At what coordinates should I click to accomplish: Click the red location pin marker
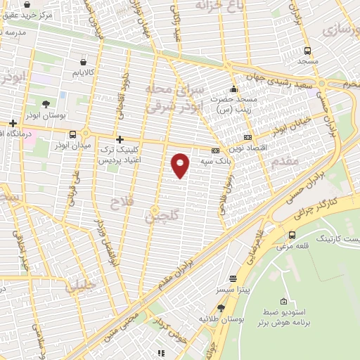pyautogui.click(x=181, y=165)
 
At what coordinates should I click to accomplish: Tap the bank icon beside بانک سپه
pyautogui.click(x=215, y=150)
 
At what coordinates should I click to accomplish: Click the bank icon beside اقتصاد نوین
pyautogui.click(x=247, y=138)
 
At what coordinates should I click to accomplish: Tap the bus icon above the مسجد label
pyautogui.click(x=307, y=50)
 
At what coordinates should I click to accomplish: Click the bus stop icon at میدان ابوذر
pyautogui.click(x=73, y=134)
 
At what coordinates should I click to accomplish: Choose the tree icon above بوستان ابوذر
pyautogui.click(x=46, y=103)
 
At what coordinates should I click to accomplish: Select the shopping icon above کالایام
pyautogui.click(x=84, y=61)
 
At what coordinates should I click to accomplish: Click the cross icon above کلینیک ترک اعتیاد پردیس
pyautogui.click(x=120, y=139)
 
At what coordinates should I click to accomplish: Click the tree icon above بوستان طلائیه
pyautogui.click(x=221, y=308)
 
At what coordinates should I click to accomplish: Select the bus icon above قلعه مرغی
pyautogui.click(x=292, y=235)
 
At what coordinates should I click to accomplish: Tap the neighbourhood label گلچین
pyautogui.click(x=153, y=215)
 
